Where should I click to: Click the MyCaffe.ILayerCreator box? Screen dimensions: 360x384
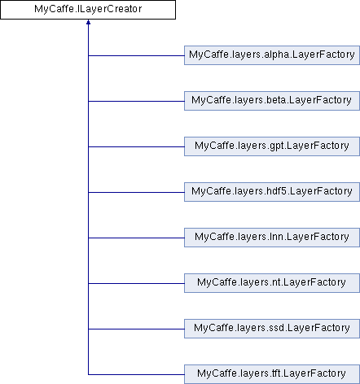tap(88, 10)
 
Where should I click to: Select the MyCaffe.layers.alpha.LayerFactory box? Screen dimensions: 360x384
tap(272, 55)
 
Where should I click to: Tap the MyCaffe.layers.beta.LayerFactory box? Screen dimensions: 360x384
tap(272, 101)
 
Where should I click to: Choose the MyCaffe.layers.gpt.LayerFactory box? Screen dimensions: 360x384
tap(272, 146)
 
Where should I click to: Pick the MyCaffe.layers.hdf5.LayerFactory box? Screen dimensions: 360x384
tap(272, 192)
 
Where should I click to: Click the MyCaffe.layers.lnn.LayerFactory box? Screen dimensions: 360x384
tap(272, 238)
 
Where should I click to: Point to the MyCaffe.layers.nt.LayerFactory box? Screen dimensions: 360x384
tap(272, 283)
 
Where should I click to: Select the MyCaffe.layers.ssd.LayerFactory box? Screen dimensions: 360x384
tap(272, 329)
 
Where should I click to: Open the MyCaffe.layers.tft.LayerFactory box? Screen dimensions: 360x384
tap(272, 374)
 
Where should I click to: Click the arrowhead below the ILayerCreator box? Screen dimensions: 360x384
tap(88, 22)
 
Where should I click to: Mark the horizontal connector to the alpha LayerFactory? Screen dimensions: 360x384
tap(136, 56)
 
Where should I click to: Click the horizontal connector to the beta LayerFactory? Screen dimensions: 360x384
tap(136, 102)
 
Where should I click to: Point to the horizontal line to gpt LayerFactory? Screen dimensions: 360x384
tap(136, 147)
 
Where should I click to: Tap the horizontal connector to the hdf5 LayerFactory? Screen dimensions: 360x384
tap(136, 193)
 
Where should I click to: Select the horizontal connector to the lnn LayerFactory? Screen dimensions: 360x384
tap(136, 238)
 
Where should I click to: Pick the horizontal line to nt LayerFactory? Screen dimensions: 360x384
tap(136, 284)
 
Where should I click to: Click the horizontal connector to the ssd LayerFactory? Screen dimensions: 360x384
tap(136, 329)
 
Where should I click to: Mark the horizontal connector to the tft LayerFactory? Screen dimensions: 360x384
tap(136, 375)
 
